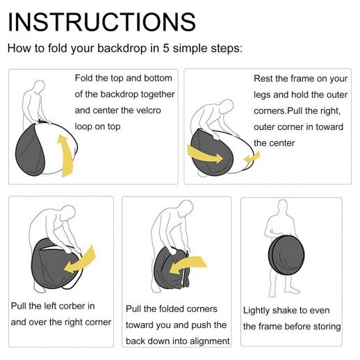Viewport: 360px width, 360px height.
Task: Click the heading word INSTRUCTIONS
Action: [x=102, y=22]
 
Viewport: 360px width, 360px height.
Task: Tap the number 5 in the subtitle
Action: [x=166, y=48]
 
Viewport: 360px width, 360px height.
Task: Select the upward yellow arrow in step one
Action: [x=65, y=156]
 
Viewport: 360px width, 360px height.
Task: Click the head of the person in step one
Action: [x=40, y=87]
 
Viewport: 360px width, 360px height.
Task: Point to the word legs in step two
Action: [x=262, y=95]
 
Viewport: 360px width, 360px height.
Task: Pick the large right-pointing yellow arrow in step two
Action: [x=205, y=154]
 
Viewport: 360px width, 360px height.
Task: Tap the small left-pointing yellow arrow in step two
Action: [x=252, y=158]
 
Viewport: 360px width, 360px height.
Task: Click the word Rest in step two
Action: [x=263, y=79]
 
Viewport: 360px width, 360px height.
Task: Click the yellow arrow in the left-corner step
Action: [x=80, y=261]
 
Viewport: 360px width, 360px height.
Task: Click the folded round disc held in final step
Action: [x=286, y=255]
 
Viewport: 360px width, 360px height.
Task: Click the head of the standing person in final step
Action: [x=283, y=206]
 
